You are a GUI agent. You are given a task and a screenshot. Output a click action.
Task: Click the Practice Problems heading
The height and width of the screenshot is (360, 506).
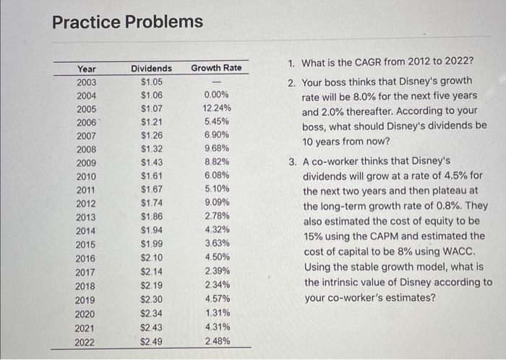[128, 22]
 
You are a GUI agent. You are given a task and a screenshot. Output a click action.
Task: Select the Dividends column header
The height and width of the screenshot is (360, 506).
[151, 69]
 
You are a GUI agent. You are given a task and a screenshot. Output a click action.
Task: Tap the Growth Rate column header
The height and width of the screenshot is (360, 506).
[216, 69]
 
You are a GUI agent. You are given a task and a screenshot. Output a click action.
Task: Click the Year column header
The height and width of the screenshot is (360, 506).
[87, 69]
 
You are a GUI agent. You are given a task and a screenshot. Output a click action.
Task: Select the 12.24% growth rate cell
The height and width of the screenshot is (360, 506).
[216, 108]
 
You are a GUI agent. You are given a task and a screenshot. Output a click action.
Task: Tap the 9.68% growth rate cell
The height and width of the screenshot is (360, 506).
[216, 149]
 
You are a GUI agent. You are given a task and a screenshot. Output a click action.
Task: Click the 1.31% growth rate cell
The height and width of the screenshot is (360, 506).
[216, 313]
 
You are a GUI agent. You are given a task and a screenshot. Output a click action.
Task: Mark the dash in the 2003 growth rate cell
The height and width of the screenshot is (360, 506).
[216, 82]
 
